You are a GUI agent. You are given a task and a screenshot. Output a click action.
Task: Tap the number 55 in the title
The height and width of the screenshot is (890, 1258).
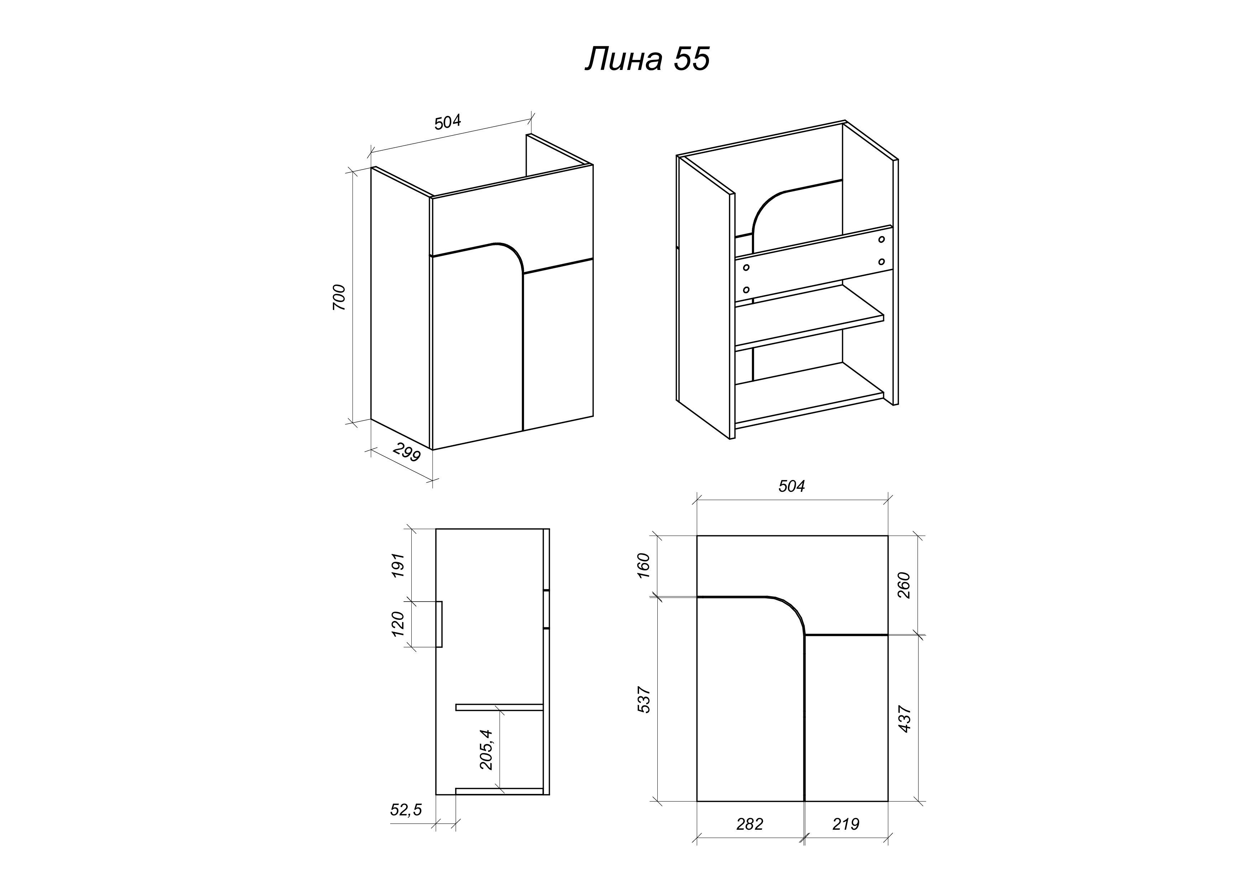pyautogui.click(x=691, y=59)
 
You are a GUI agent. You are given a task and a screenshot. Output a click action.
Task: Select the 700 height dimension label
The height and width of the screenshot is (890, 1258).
pyautogui.click(x=339, y=298)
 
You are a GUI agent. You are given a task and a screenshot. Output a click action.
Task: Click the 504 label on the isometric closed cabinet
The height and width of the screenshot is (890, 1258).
pyautogui.click(x=448, y=122)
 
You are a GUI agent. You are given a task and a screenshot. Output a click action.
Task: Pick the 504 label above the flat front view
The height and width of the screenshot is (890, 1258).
pyautogui.click(x=792, y=486)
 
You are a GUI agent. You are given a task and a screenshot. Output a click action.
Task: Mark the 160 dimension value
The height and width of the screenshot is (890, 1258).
pyautogui.click(x=644, y=566)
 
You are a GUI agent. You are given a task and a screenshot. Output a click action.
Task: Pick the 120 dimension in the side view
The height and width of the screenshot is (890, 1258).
pyautogui.click(x=398, y=624)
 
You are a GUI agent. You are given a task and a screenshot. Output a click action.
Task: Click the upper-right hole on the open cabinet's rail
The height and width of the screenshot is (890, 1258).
pyautogui.click(x=881, y=240)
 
